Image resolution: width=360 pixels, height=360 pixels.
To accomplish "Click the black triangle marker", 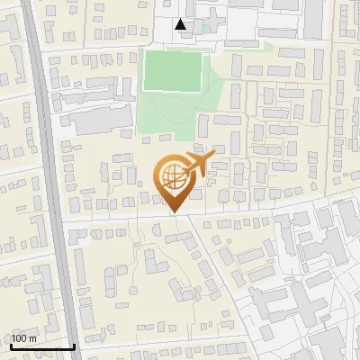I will [182, 24].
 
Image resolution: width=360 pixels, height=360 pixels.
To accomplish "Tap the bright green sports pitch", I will [172, 71].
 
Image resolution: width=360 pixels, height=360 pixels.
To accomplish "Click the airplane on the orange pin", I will [199, 162].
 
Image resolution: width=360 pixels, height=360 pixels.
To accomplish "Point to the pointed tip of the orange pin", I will [175, 213].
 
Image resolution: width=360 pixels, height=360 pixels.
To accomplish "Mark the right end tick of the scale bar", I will [74, 345].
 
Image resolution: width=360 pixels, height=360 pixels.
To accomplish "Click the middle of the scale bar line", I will [41, 347].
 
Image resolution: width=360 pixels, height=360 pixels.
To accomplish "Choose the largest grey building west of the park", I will [100, 121].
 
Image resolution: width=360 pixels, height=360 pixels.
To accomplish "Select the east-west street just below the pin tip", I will [135, 218].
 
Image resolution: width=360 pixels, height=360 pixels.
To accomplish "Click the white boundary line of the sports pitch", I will [143, 71].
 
